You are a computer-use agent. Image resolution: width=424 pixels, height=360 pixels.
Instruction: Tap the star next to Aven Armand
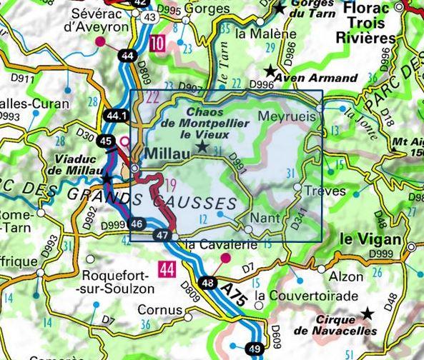270,71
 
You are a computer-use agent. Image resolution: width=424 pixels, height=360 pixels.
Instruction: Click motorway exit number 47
162,236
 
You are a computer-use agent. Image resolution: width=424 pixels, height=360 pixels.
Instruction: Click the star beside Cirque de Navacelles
368,313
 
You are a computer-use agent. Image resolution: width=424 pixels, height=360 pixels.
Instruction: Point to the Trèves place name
325,191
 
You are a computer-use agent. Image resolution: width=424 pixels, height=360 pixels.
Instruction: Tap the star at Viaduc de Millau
107,176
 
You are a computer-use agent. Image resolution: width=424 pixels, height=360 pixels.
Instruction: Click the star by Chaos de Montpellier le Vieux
203,146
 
